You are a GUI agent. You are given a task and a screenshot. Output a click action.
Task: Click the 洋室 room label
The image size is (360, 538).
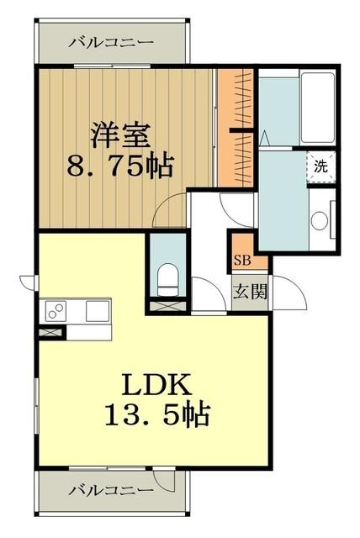coord(120,134)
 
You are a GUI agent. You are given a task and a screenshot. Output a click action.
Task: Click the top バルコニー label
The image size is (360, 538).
coord(111,40)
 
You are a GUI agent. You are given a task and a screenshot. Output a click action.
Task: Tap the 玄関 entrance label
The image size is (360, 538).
coord(249,294)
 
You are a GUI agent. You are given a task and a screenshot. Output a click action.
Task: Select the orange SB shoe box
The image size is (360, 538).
coord(241,260)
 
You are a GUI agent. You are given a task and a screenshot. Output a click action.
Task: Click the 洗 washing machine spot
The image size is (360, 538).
coord(321,166)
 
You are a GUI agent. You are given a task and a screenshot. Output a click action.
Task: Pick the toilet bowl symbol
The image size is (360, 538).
coord(167,275)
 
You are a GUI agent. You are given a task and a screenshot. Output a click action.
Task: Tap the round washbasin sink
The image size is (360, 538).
coord(319,221)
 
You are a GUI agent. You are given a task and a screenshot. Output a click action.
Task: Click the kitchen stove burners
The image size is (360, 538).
coord(57,312)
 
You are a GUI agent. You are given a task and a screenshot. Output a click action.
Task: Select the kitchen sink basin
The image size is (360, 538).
coord(94,312)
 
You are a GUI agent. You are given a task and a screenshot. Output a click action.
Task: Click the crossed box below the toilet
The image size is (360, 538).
coord(167,307)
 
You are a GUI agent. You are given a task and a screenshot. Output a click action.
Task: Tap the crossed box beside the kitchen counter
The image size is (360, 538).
coord(50,331)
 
